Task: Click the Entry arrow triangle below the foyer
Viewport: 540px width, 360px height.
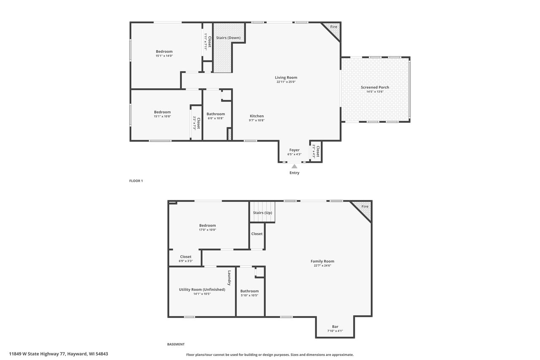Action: click(294, 166)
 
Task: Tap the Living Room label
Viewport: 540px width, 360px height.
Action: click(286, 77)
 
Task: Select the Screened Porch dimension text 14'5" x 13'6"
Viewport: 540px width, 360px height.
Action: click(375, 92)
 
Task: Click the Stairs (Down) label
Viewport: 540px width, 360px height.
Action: click(228, 38)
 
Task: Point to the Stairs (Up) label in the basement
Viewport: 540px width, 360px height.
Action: click(262, 213)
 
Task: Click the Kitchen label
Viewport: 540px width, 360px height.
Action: click(256, 116)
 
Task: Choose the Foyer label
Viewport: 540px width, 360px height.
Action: click(294, 150)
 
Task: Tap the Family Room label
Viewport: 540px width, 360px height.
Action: click(322, 261)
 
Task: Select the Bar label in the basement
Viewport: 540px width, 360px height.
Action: click(335, 327)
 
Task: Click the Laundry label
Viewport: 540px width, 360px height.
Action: click(229, 278)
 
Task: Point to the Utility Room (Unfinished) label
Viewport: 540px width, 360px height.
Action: click(202, 290)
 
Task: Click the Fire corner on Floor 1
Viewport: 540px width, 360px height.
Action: click(334, 27)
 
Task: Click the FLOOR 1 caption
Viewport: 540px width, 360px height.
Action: click(136, 181)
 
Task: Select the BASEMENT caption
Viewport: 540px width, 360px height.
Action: click(176, 344)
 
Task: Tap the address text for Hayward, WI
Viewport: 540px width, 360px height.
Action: click(59, 354)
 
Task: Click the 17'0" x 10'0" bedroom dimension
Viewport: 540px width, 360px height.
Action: click(207, 230)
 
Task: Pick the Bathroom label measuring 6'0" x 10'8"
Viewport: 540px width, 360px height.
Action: click(216, 114)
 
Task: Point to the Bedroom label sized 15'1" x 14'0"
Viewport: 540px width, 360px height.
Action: click(164, 51)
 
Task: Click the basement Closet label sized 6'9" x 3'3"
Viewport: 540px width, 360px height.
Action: click(186, 257)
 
